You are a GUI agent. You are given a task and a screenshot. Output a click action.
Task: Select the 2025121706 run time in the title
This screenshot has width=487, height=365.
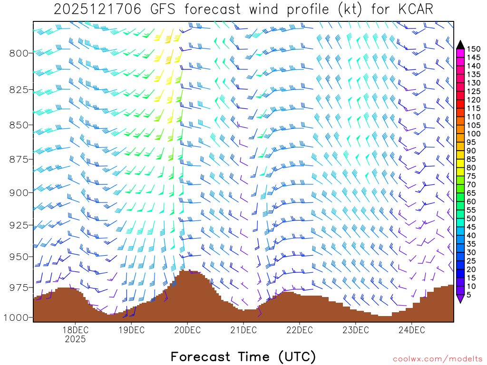[97, 9]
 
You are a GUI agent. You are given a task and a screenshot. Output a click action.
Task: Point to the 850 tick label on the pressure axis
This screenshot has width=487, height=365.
[19, 125]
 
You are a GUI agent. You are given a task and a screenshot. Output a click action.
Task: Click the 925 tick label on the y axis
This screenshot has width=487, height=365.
[19, 225]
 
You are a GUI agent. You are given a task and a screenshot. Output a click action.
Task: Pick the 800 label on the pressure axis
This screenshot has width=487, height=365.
[19, 53]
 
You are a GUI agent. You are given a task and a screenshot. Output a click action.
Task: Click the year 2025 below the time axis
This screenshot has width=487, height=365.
[75, 339]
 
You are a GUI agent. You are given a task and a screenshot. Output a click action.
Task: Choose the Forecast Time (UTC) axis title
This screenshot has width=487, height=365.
[243, 356]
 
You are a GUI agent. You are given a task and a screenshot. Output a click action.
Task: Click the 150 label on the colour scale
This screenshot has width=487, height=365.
[474, 49]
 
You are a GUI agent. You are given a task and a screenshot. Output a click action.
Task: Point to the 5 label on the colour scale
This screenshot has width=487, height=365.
[470, 295]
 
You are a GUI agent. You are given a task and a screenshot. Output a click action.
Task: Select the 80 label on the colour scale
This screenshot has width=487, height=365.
[472, 168]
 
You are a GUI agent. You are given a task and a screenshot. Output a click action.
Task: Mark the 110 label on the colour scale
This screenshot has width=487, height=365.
[474, 117]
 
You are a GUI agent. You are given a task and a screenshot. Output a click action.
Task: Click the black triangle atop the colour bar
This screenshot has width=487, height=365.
[460, 45]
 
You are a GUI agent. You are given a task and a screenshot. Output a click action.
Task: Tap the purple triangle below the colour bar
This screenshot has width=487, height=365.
[460, 298]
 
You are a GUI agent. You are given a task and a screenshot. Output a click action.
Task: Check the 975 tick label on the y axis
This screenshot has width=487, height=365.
[19, 288]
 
